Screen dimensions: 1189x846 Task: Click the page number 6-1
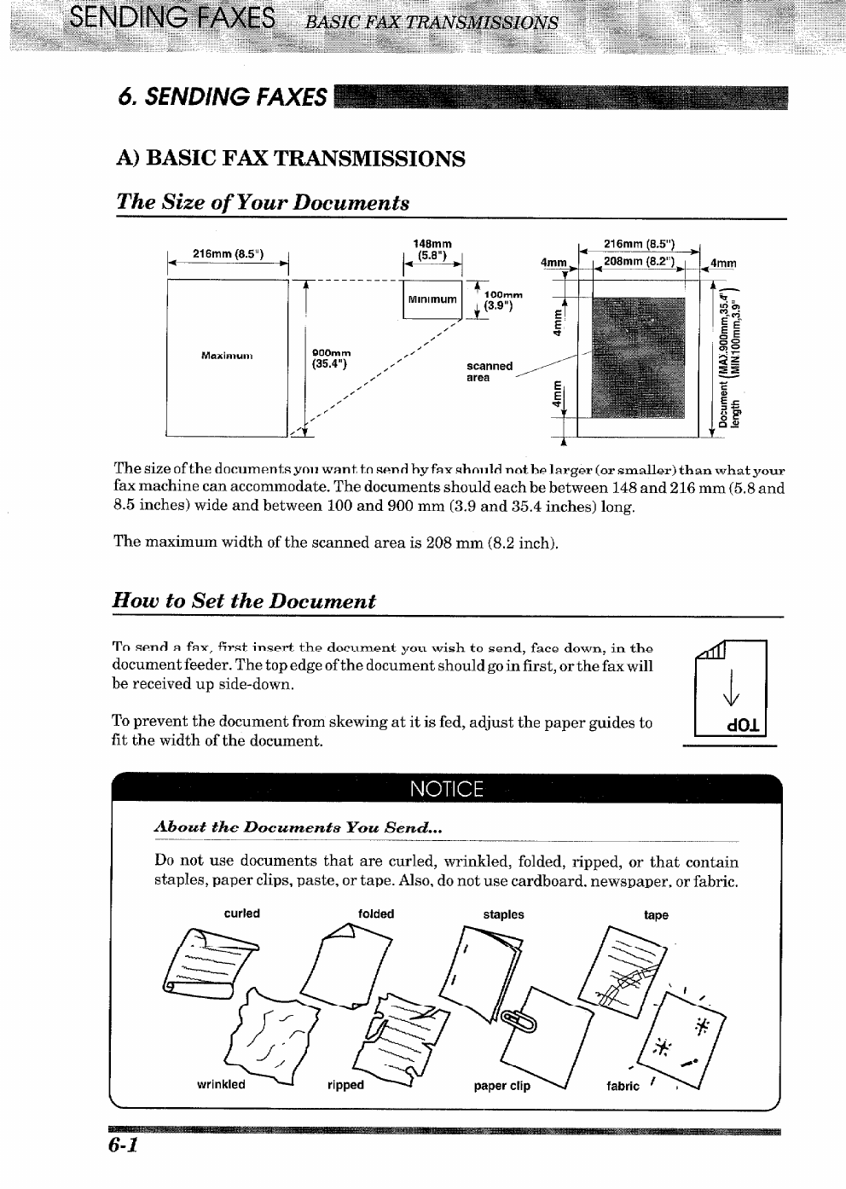click(124, 1145)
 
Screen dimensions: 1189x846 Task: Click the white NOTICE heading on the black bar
click(446, 788)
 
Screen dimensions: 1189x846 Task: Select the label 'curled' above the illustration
click(241, 913)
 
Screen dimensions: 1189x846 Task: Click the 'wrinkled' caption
click(221, 1085)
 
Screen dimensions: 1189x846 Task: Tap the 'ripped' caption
click(345, 1086)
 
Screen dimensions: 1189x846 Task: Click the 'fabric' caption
click(623, 1086)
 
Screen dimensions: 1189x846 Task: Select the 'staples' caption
click(503, 914)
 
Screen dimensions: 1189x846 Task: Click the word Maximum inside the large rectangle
click(227, 355)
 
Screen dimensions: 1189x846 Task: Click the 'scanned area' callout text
click(490, 372)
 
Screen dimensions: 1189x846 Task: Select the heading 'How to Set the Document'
click(244, 600)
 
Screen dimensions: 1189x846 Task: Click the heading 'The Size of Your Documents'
click(263, 202)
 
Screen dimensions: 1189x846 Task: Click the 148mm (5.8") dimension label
click(432, 249)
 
